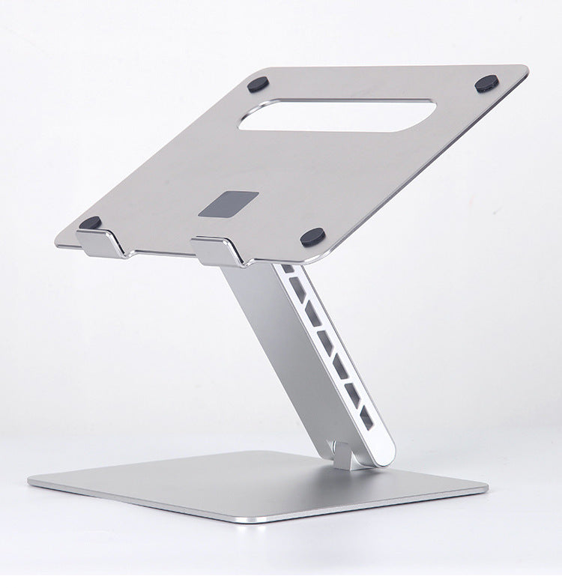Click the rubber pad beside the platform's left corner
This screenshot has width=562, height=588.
point(91,222)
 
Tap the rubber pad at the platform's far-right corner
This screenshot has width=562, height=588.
point(487,83)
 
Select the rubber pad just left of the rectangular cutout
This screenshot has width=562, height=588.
point(259,84)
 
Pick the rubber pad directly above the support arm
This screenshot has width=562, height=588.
point(312,237)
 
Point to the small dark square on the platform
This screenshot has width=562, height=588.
point(229,204)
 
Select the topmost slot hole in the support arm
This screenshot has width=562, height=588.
point(288,268)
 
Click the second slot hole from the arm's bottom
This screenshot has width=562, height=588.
point(354,391)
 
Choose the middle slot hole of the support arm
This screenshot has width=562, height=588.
point(326,341)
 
